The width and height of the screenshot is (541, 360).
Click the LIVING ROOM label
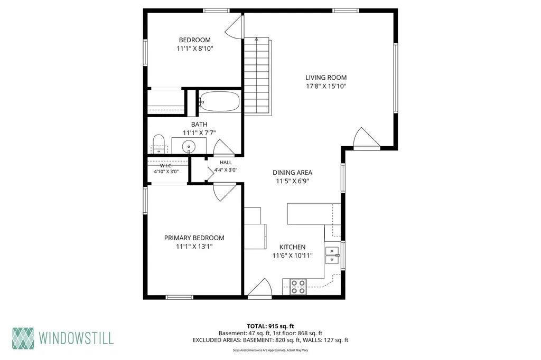pos(325,78)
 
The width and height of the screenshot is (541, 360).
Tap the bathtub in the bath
pos(219,101)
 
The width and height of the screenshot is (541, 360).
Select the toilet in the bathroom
pos(158,144)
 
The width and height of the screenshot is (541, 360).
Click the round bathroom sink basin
pos(189,147)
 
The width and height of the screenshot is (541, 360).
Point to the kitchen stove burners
pos(298,287)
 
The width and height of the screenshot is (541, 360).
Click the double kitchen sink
pos(332,255)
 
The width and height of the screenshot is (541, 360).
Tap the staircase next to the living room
pos(257,76)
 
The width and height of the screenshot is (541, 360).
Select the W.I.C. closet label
pos(166,166)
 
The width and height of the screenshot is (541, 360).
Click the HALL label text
pos(226,163)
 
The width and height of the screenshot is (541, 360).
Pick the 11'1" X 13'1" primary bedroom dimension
pos(194,247)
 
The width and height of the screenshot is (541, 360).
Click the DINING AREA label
pos(292,173)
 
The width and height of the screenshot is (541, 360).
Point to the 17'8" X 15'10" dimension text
pos(325,86)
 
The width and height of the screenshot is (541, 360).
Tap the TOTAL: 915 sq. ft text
pos(270,326)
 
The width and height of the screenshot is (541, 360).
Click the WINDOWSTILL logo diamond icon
pos(23,338)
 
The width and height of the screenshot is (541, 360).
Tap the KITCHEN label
pos(292,247)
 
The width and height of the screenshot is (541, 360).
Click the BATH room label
pos(199,124)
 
